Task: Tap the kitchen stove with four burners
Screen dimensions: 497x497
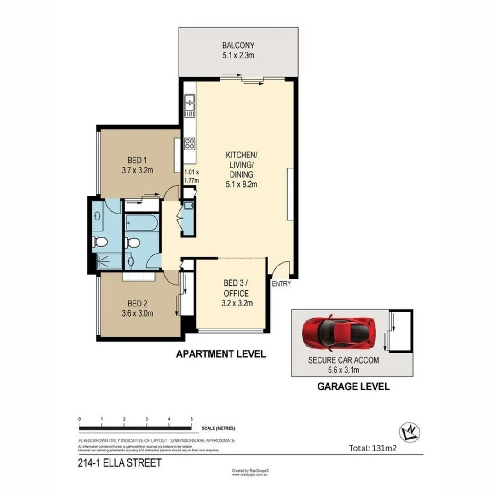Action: click(189, 143)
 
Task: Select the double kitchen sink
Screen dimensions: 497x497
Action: click(189, 105)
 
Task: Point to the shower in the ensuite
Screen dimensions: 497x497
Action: click(109, 261)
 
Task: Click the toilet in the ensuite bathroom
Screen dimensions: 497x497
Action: click(100, 242)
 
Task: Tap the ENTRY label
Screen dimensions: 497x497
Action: click(281, 284)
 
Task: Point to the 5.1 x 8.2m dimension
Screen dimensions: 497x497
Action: click(241, 185)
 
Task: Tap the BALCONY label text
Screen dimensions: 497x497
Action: click(238, 46)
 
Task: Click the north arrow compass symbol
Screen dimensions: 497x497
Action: click(409, 433)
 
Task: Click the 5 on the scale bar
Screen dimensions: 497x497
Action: click(191, 419)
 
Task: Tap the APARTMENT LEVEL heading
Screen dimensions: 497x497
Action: click(221, 354)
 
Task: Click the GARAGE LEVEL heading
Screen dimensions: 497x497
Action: click(353, 386)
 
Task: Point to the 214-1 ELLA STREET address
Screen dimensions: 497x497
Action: click(120, 463)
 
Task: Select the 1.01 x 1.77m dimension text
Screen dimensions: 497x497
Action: click(191, 177)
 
